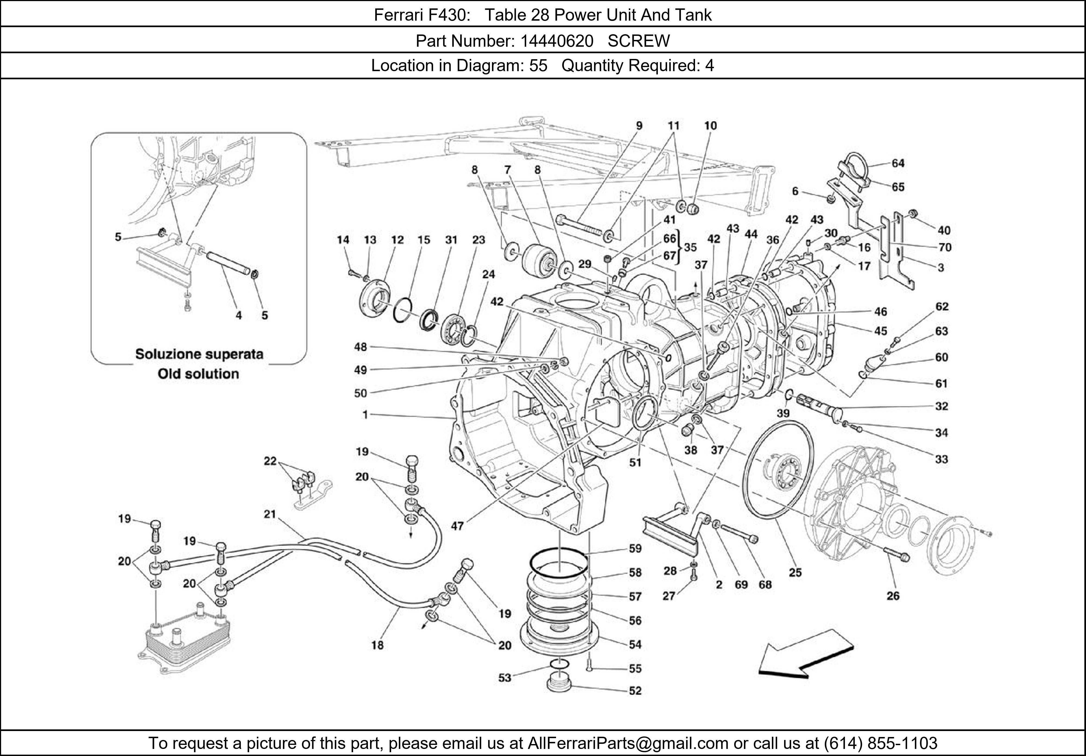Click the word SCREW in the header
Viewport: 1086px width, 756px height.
pos(639,41)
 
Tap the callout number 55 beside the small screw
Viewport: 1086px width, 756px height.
pos(635,669)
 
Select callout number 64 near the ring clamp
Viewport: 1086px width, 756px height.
pos(898,163)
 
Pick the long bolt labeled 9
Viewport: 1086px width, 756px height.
pos(582,227)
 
